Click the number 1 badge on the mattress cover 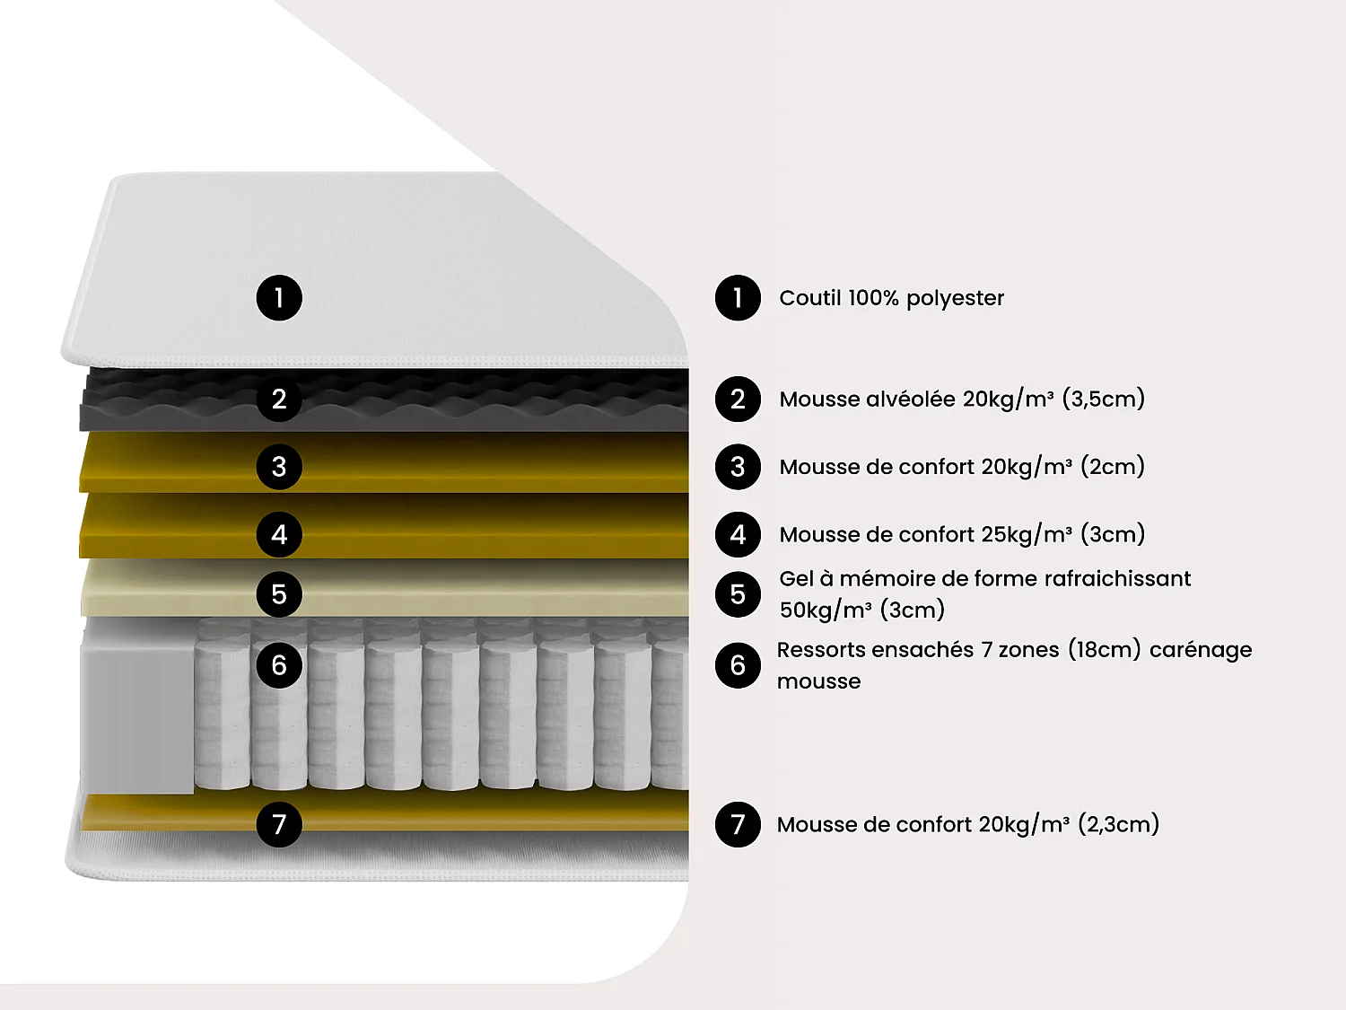[279, 297]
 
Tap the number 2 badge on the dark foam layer [279, 399]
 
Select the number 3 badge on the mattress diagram [279, 466]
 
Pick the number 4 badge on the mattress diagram [279, 534]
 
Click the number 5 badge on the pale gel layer [279, 593]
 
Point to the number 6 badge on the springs [279, 665]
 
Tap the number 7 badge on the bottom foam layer [279, 823]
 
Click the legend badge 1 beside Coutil [738, 297]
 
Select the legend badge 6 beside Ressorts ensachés [738, 665]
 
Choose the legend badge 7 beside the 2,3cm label [738, 823]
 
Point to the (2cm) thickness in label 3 [1113, 467]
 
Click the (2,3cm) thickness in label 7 [1118, 824]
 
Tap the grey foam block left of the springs [137, 709]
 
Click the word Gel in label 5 [796, 579]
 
